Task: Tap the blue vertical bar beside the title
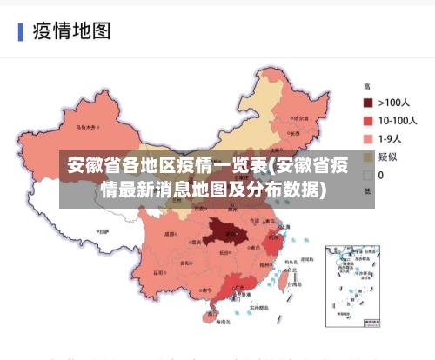click(x=20, y=32)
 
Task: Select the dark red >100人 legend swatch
click(x=368, y=103)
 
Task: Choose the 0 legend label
click(x=381, y=176)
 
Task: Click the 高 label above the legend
click(x=367, y=87)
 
